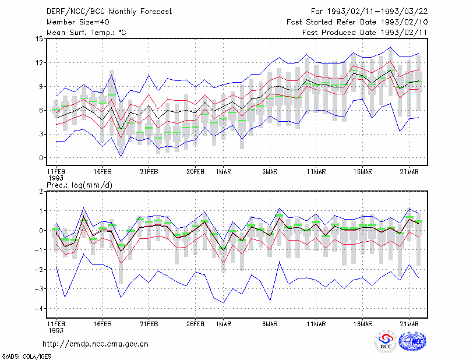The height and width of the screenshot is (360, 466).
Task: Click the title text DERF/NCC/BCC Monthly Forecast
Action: click(x=109, y=12)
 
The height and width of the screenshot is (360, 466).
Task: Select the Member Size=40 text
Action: click(x=78, y=22)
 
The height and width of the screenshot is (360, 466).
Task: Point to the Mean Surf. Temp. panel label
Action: click(x=86, y=33)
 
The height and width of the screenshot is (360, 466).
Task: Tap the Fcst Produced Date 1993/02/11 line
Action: click(x=365, y=33)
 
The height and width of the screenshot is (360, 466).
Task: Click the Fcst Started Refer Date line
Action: click(x=357, y=22)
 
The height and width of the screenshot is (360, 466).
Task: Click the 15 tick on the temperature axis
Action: click(x=40, y=39)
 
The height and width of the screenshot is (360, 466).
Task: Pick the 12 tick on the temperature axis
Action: click(x=40, y=63)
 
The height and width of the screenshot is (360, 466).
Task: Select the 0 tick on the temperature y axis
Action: click(x=41, y=158)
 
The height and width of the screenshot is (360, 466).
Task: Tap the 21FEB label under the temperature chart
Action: click(x=149, y=172)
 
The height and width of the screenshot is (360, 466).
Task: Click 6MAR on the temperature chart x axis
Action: click(x=270, y=172)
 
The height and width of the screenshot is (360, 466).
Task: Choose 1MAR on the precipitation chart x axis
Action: click(x=223, y=324)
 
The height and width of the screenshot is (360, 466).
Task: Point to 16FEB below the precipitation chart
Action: click(x=103, y=324)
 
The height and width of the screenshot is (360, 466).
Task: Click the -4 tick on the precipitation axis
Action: click(x=38, y=309)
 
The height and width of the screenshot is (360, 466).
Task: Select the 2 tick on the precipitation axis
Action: click(x=41, y=192)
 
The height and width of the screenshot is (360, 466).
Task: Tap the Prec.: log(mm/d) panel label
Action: click(x=80, y=185)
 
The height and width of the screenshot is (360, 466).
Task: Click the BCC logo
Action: click(x=385, y=341)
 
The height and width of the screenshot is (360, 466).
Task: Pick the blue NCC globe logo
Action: click(x=412, y=341)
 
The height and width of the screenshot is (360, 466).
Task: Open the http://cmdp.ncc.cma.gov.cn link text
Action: click(x=96, y=344)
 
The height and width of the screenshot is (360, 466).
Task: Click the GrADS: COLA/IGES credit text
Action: click(x=26, y=357)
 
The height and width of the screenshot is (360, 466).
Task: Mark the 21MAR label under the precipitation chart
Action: click(x=409, y=324)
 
